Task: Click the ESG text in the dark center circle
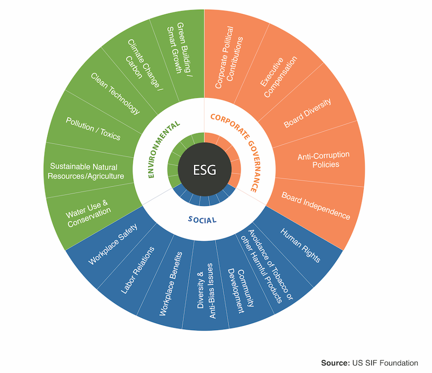(x=205, y=170)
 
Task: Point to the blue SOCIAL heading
(x=202, y=220)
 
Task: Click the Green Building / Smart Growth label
(x=180, y=49)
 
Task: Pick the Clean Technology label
(x=116, y=93)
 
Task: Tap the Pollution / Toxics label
(x=93, y=128)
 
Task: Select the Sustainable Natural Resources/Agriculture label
(x=85, y=171)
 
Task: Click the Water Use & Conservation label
(x=88, y=213)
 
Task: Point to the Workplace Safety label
(x=113, y=245)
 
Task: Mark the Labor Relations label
(x=137, y=270)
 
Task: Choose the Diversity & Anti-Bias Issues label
(x=205, y=291)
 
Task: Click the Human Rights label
(x=300, y=245)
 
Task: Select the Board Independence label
(x=316, y=206)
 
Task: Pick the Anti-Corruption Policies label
(x=324, y=160)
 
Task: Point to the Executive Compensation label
(x=279, y=77)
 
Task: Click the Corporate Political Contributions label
(x=228, y=58)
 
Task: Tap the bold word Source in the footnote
(x=335, y=363)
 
